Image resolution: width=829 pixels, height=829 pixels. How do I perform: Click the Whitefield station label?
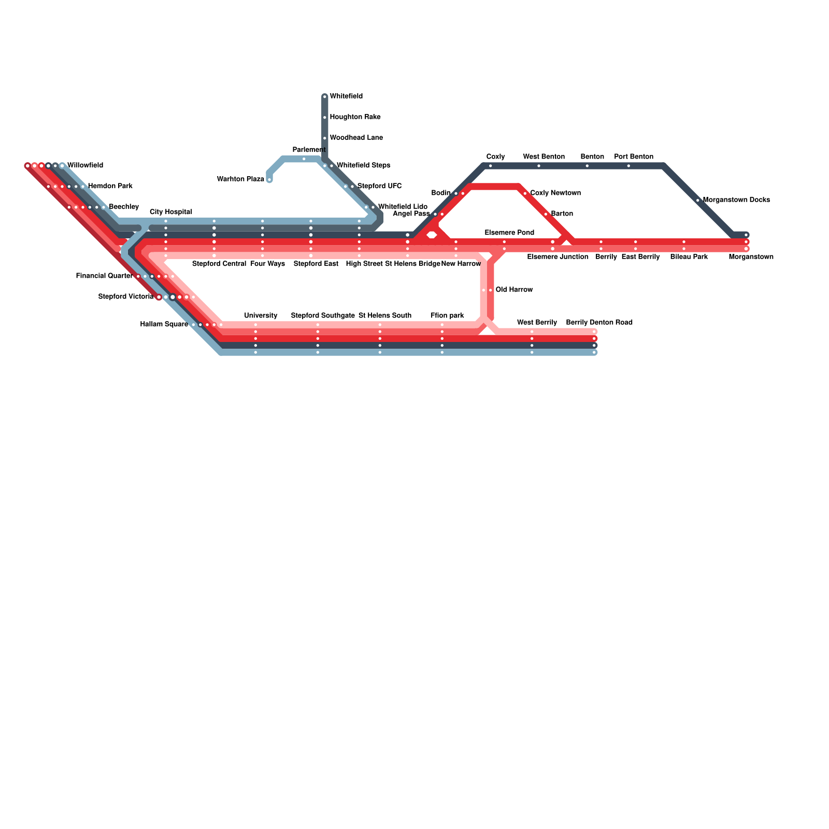coord(346,96)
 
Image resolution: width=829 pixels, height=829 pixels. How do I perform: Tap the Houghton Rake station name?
coord(355,117)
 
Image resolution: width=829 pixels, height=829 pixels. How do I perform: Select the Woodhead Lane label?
coord(356,138)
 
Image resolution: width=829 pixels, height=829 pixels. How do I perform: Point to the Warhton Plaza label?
coord(240,179)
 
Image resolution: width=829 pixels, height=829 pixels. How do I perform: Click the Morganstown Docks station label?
coord(736,200)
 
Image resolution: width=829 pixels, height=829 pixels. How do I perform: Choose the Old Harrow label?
coord(514,290)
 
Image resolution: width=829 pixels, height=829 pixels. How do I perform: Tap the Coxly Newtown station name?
coord(555,193)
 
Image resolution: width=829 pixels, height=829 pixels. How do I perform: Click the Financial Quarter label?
coord(104,276)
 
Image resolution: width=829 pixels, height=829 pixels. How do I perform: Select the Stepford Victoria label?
coord(126,297)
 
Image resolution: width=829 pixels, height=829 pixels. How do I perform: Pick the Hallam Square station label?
coord(164,324)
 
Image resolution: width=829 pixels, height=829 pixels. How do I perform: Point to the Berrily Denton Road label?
coord(599,323)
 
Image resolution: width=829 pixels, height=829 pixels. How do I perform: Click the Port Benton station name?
coord(634,156)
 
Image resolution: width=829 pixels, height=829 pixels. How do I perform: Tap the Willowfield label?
coord(85,166)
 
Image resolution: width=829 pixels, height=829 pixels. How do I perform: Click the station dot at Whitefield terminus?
coord(325,96)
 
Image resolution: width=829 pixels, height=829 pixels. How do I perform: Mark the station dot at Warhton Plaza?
coord(269,180)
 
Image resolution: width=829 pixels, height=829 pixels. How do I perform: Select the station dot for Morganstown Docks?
coord(698,200)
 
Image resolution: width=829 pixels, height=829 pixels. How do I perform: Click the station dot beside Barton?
coord(546,214)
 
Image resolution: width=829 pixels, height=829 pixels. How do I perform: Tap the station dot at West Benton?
coord(539,166)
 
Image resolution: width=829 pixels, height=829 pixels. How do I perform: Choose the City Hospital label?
coord(171,212)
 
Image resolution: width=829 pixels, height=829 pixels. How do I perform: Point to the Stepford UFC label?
coord(379,186)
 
